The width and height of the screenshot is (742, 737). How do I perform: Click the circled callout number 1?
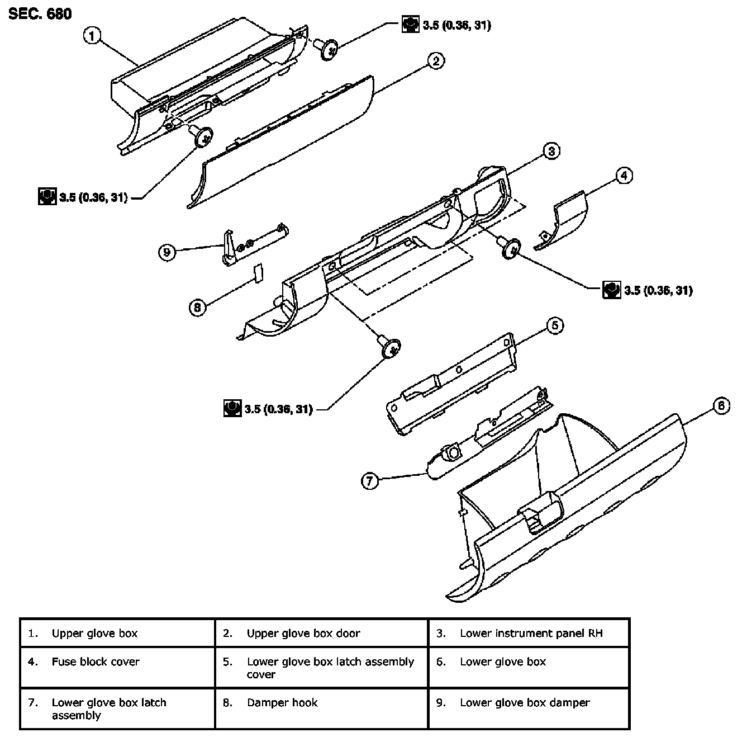92,36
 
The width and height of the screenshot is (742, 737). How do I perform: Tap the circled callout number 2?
436,61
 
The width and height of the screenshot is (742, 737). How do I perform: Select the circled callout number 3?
551,151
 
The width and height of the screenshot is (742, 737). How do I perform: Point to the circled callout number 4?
624,176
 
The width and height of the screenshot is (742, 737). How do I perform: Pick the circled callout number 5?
555,325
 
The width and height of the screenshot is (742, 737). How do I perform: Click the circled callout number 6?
721,405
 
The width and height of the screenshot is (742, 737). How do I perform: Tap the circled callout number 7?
370,481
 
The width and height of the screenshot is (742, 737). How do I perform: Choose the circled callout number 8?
198,308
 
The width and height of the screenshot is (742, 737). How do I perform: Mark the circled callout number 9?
167,253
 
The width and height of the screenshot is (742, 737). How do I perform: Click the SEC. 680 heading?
40,14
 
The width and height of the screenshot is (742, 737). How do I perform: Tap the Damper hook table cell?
321,708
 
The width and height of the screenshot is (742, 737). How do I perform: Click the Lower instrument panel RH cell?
529,633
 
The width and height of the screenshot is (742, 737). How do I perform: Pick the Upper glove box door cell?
321,633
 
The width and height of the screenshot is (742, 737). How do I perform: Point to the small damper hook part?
259,273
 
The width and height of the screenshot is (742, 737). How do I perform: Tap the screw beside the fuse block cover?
510,249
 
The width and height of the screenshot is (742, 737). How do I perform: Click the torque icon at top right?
411,25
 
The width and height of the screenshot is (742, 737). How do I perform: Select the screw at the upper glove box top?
326,49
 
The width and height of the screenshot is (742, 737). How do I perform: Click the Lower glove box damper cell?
529,708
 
